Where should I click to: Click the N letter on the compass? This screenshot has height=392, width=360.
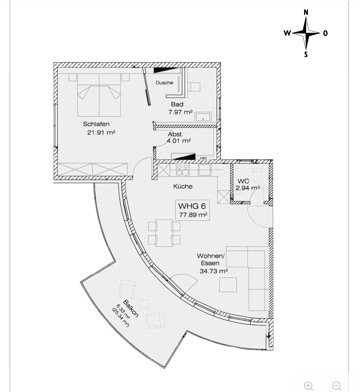306,12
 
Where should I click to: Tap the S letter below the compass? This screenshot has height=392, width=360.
306,54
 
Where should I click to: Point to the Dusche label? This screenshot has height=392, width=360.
164,83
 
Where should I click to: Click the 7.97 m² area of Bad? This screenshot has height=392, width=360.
180,112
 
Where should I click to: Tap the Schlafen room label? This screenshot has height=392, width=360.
96,124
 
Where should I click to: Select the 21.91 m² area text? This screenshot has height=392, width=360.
101,132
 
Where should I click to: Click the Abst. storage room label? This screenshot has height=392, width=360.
175,134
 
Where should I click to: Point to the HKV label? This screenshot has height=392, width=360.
203,158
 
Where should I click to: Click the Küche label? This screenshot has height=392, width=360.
183,186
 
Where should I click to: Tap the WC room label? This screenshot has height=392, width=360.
243,181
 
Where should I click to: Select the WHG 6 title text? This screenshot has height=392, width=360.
192,206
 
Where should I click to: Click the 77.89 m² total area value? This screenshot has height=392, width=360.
193,215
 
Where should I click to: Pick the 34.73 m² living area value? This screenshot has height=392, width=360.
214,271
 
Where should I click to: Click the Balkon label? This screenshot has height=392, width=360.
131,308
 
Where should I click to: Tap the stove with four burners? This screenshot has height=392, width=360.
183,170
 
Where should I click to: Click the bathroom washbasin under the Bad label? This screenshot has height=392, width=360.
203,117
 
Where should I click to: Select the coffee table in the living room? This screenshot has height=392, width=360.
228,285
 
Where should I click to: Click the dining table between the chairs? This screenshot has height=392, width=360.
164,233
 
